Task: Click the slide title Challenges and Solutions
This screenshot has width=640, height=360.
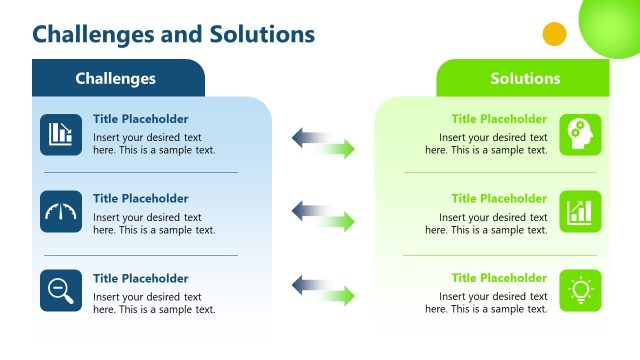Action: tap(173, 34)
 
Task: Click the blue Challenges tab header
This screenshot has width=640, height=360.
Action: tap(116, 78)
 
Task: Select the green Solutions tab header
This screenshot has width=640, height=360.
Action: tap(524, 78)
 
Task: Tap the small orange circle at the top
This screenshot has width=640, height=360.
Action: tap(554, 34)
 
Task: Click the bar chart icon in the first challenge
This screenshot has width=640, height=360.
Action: tap(61, 134)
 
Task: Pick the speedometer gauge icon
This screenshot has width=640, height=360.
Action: tap(61, 212)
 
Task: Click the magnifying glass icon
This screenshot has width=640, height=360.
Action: tap(61, 290)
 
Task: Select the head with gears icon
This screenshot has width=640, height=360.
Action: tap(580, 134)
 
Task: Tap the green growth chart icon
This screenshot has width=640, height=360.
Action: tap(580, 212)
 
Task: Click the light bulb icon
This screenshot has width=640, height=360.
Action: tap(580, 290)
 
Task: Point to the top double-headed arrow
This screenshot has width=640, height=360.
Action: tap(323, 143)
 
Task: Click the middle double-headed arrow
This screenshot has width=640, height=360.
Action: tap(323, 215)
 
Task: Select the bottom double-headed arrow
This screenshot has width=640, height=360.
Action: tap(323, 291)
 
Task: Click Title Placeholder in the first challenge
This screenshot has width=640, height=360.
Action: tap(140, 119)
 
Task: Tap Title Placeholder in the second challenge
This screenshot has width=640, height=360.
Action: tap(140, 199)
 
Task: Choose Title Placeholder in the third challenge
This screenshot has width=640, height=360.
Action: tap(140, 279)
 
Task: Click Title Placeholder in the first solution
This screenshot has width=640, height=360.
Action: tap(499, 119)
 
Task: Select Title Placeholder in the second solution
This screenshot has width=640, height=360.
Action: tap(499, 199)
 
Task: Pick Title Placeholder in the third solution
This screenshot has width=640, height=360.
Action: tap(499, 279)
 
